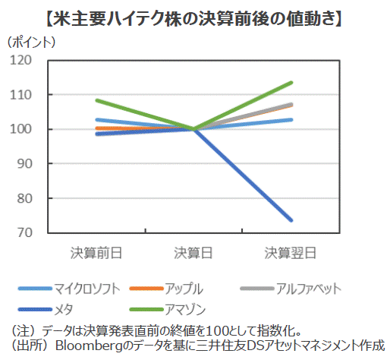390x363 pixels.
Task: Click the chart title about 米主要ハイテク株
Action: coord(194,18)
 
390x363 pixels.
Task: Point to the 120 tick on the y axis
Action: coord(20,60)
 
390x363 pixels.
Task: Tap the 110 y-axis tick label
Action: coord(20,95)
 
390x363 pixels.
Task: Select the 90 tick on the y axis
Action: coord(24,164)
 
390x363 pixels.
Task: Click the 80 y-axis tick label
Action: coord(24,198)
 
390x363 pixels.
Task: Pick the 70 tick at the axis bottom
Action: coord(24,232)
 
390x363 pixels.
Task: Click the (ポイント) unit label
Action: coord(31,42)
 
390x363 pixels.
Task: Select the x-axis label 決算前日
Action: coord(96,253)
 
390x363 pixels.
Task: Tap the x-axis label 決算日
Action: coord(193,253)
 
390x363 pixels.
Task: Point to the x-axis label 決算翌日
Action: coord(291,253)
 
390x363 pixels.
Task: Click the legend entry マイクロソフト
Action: coord(86,289)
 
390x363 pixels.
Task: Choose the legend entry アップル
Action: coord(184,289)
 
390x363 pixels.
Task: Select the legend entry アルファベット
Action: coord(308,289)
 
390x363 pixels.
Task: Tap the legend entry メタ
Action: coord(64,309)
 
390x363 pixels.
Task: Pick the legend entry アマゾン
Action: coord(185,309)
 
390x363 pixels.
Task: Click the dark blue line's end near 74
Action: coord(291,220)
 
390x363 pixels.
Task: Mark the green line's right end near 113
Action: coord(291,83)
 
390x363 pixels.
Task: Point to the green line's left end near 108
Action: coord(97,100)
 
